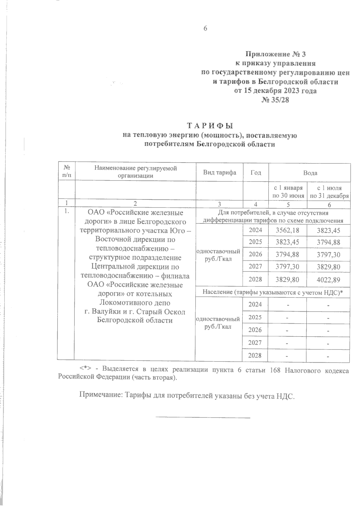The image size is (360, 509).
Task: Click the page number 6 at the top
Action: pyautogui.click(x=205, y=28)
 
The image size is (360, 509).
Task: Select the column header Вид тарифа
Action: pyautogui.click(x=220, y=172)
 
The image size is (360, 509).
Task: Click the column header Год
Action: pyautogui.click(x=256, y=173)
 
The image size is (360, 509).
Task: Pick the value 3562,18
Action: pyautogui.click(x=287, y=230)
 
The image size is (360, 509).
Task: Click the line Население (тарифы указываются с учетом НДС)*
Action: pyautogui.click(x=273, y=292)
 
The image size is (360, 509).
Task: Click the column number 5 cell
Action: pyautogui.click(x=287, y=205)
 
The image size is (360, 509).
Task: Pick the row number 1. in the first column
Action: pyautogui.click(x=67, y=211)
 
